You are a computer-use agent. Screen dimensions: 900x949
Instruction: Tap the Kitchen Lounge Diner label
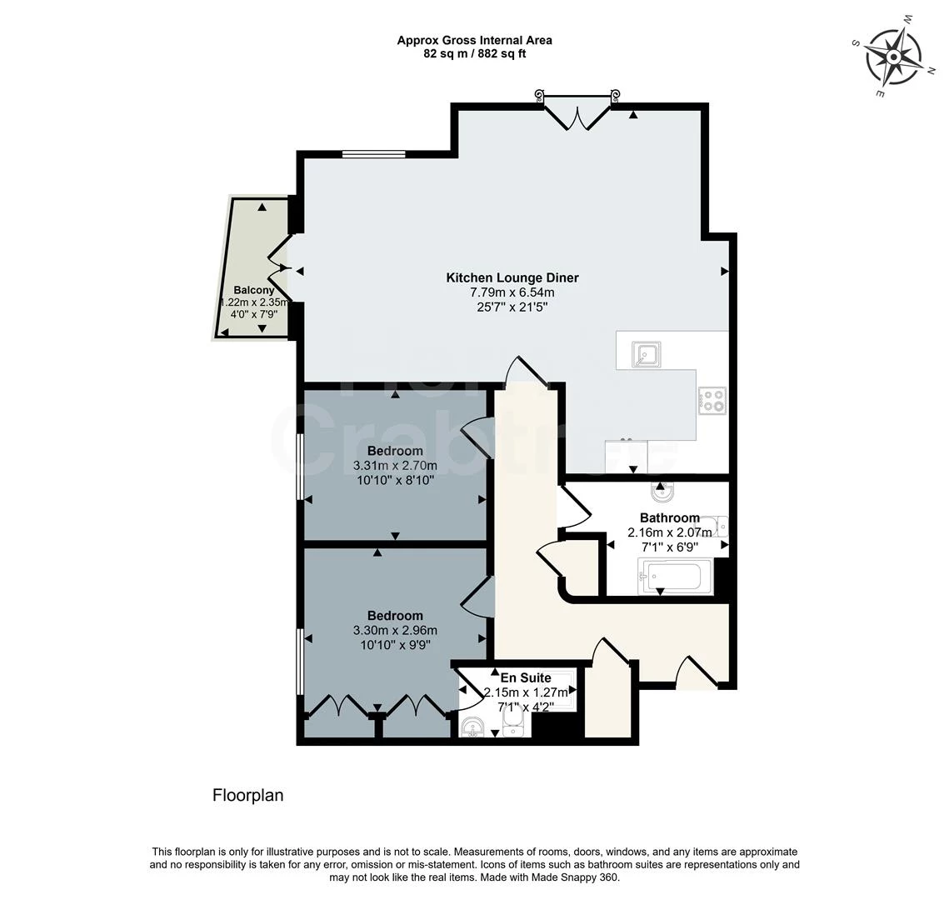[x=512, y=277]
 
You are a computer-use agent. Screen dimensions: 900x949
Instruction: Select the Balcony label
[x=254, y=290]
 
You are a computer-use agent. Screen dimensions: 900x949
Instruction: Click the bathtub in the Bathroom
[x=676, y=576]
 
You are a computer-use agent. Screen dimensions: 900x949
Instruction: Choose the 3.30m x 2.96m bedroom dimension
[x=395, y=630]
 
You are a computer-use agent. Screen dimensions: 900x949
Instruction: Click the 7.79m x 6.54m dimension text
[x=512, y=292]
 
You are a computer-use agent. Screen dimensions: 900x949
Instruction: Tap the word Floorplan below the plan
[x=248, y=795]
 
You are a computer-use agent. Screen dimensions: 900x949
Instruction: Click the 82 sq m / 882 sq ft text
[x=474, y=53]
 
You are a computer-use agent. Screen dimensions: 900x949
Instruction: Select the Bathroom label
[x=669, y=517]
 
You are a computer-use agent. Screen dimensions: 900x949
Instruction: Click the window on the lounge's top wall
[x=373, y=153]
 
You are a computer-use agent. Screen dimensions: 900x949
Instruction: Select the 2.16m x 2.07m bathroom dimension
[x=669, y=532]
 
